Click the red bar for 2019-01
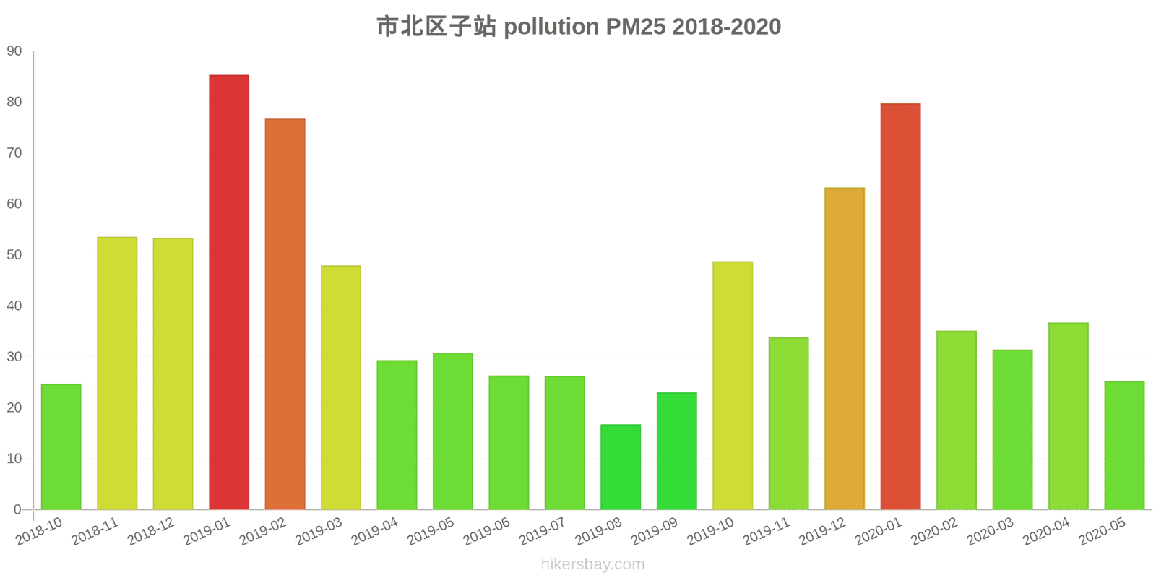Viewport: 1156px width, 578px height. point(229,293)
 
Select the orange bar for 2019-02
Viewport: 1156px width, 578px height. point(285,314)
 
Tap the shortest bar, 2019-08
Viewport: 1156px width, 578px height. point(621,467)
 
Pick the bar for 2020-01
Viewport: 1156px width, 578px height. point(900,307)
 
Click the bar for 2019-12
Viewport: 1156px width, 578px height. point(845,349)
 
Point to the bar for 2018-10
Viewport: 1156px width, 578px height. point(61,447)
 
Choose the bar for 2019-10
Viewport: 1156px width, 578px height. point(733,386)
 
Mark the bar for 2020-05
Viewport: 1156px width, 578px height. point(1124,446)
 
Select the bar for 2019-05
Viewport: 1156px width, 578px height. point(453,431)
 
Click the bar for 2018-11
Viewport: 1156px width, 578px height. point(117,374)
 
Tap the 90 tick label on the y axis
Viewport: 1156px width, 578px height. point(14,51)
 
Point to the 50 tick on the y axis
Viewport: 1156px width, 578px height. point(14,255)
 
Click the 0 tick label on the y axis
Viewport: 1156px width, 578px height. point(17,510)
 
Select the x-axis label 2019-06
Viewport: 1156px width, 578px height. point(486,532)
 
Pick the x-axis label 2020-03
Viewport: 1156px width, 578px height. point(990,532)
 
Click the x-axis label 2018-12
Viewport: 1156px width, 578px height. point(151,532)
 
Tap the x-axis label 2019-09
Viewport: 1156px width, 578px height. point(654,532)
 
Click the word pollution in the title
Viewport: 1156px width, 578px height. point(551,27)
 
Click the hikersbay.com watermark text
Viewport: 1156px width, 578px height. point(592,564)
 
